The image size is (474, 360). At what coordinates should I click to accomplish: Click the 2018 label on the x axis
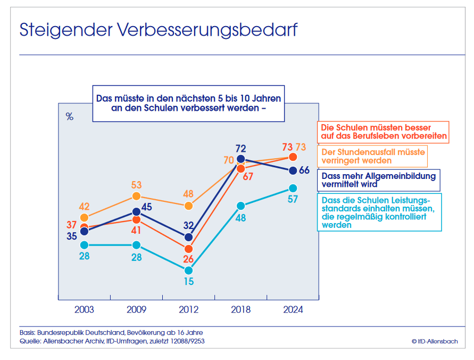click(x=240, y=310)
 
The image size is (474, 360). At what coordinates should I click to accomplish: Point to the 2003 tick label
click(x=84, y=310)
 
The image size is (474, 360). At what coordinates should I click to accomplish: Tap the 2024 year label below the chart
click(x=292, y=310)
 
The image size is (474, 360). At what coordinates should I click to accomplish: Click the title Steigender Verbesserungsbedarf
click(x=158, y=30)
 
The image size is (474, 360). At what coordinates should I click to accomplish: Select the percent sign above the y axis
click(x=70, y=117)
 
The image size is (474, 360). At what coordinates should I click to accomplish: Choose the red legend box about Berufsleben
click(x=383, y=132)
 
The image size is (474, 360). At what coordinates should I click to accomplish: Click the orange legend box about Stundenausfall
click(x=373, y=157)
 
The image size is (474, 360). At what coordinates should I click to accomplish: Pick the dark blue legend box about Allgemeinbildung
click(x=378, y=180)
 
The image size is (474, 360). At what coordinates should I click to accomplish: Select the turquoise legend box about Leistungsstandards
click(x=379, y=212)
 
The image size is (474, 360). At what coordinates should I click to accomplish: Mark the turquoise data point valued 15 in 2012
click(x=188, y=270)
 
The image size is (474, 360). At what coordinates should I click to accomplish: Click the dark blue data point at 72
click(x=240, y=159)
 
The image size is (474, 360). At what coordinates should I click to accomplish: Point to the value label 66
click(x=304, y=170)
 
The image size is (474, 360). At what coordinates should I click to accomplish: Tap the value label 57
click(x=292, y=199)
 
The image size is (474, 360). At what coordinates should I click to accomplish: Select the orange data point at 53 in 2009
click(x=136, y=197)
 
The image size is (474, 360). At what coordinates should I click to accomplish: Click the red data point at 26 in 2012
click(x=188, y=249)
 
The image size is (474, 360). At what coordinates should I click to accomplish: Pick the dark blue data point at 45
click(x=136, y=211)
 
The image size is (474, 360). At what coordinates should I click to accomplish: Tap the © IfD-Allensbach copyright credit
click(x=434, y=341)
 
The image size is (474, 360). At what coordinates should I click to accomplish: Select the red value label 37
click(x=72, y=224)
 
